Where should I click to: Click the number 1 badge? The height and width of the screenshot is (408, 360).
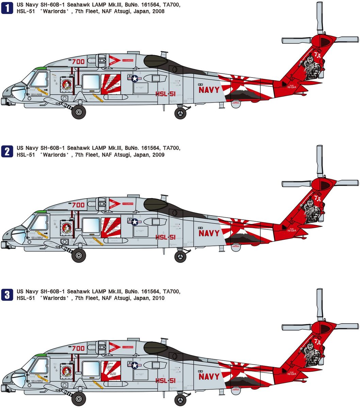point(7,8)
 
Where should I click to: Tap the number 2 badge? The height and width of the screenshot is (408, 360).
point(7,151)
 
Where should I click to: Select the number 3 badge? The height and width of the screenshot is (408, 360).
point(7,294)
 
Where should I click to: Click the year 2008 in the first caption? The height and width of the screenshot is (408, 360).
point(158,11)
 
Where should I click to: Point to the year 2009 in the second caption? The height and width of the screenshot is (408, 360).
point(158,155)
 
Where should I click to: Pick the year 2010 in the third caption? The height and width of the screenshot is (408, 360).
point(158,298)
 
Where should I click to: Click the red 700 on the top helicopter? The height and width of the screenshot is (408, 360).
point(78,62)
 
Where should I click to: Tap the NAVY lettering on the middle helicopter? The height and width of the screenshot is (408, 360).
point(209,233)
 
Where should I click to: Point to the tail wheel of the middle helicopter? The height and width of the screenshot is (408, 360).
point(180,256)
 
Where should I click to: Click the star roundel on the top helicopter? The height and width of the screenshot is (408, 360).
point(135,79)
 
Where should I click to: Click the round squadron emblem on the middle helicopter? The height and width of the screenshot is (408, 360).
point(65,226)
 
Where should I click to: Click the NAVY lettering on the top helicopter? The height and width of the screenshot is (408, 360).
point(209,90)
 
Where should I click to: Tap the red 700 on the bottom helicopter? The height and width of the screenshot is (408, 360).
point(78,348)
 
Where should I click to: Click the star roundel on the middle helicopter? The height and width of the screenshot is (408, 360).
point(135,222)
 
